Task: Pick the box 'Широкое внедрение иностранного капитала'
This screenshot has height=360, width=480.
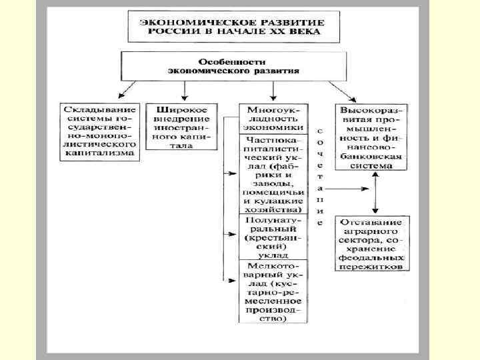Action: point(177,126)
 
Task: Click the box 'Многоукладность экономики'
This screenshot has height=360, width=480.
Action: point(273,118)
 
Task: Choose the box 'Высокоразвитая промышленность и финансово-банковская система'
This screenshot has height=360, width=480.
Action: point(372,136)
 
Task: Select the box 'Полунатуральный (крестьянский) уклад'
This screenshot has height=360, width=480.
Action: point(273,237)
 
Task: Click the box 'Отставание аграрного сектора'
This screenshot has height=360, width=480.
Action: point(372,243)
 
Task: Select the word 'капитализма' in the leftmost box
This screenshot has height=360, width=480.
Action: point(99,153)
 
